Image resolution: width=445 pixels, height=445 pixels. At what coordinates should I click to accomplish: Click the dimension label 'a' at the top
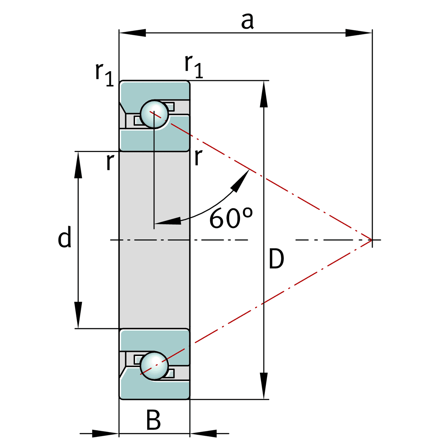click(x=247, y=21)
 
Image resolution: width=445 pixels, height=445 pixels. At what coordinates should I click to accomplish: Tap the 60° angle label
click(x=231, y=218)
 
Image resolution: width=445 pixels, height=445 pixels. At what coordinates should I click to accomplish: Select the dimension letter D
click(x=276, y=258)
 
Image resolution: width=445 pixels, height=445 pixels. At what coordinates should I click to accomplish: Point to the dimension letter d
click(x=65, y=236)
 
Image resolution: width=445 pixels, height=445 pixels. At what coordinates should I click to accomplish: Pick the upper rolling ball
click(x=154, y=114)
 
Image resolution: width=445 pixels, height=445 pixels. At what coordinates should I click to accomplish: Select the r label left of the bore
click(x=111, y=162)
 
